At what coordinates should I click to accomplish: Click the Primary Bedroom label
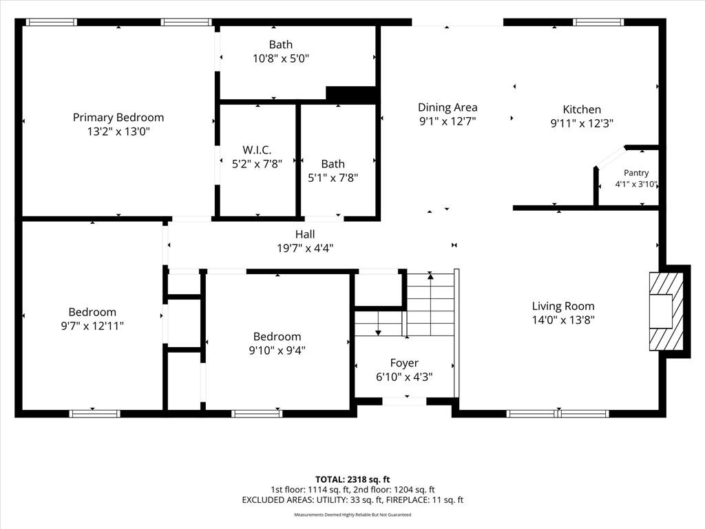(118, 118)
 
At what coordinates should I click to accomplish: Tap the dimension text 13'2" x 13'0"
(118, 132)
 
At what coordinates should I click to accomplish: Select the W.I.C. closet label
(257, 149)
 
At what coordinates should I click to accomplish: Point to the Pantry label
(636, 173)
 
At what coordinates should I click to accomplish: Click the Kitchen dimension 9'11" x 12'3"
(582, 123)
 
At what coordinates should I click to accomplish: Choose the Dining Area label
(448, 107)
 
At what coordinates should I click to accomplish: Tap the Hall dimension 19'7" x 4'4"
(305, 248)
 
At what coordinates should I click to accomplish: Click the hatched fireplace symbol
(666, 312)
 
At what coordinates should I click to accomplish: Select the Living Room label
(563, 307)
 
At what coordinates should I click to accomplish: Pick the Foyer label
(404, 363)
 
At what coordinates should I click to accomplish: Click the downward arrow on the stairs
(378, 323)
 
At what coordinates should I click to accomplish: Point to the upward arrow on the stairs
(430, 304)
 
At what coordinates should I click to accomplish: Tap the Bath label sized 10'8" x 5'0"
(281, 45)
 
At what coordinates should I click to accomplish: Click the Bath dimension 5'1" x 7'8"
(333, 178)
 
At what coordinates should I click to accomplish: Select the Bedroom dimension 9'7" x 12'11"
(92, 326)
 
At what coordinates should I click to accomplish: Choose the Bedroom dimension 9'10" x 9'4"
(277, 350)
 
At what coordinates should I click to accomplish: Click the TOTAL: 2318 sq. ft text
(352, 479)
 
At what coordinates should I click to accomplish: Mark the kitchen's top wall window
(598, 22)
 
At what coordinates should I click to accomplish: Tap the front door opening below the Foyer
(404, 401)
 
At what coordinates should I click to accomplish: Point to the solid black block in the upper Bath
(350, 94)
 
